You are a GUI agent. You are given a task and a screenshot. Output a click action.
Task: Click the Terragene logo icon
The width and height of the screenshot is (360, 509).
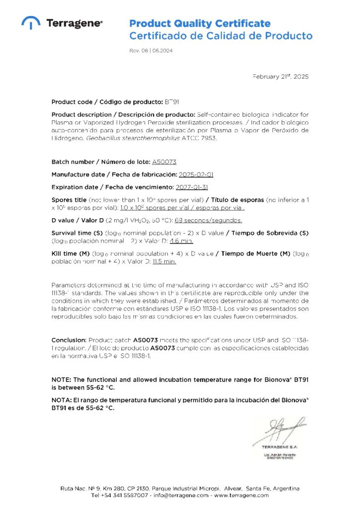31,22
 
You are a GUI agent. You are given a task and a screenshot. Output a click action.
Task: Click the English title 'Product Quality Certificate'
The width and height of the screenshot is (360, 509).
200,23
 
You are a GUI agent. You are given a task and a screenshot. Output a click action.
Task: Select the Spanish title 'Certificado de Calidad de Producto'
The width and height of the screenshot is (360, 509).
221,36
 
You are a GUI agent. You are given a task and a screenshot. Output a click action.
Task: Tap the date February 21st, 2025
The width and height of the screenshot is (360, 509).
280,77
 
